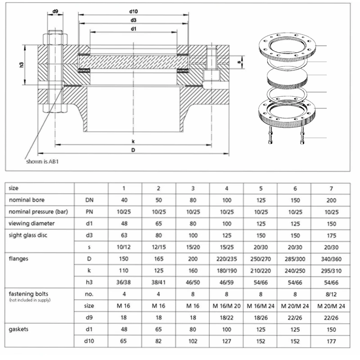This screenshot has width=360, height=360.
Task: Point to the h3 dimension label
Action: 21,65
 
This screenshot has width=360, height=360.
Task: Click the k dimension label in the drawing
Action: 133,141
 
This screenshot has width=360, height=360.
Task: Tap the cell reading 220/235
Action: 226,259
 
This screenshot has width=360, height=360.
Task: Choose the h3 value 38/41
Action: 158,282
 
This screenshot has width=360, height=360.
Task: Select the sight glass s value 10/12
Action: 125,247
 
